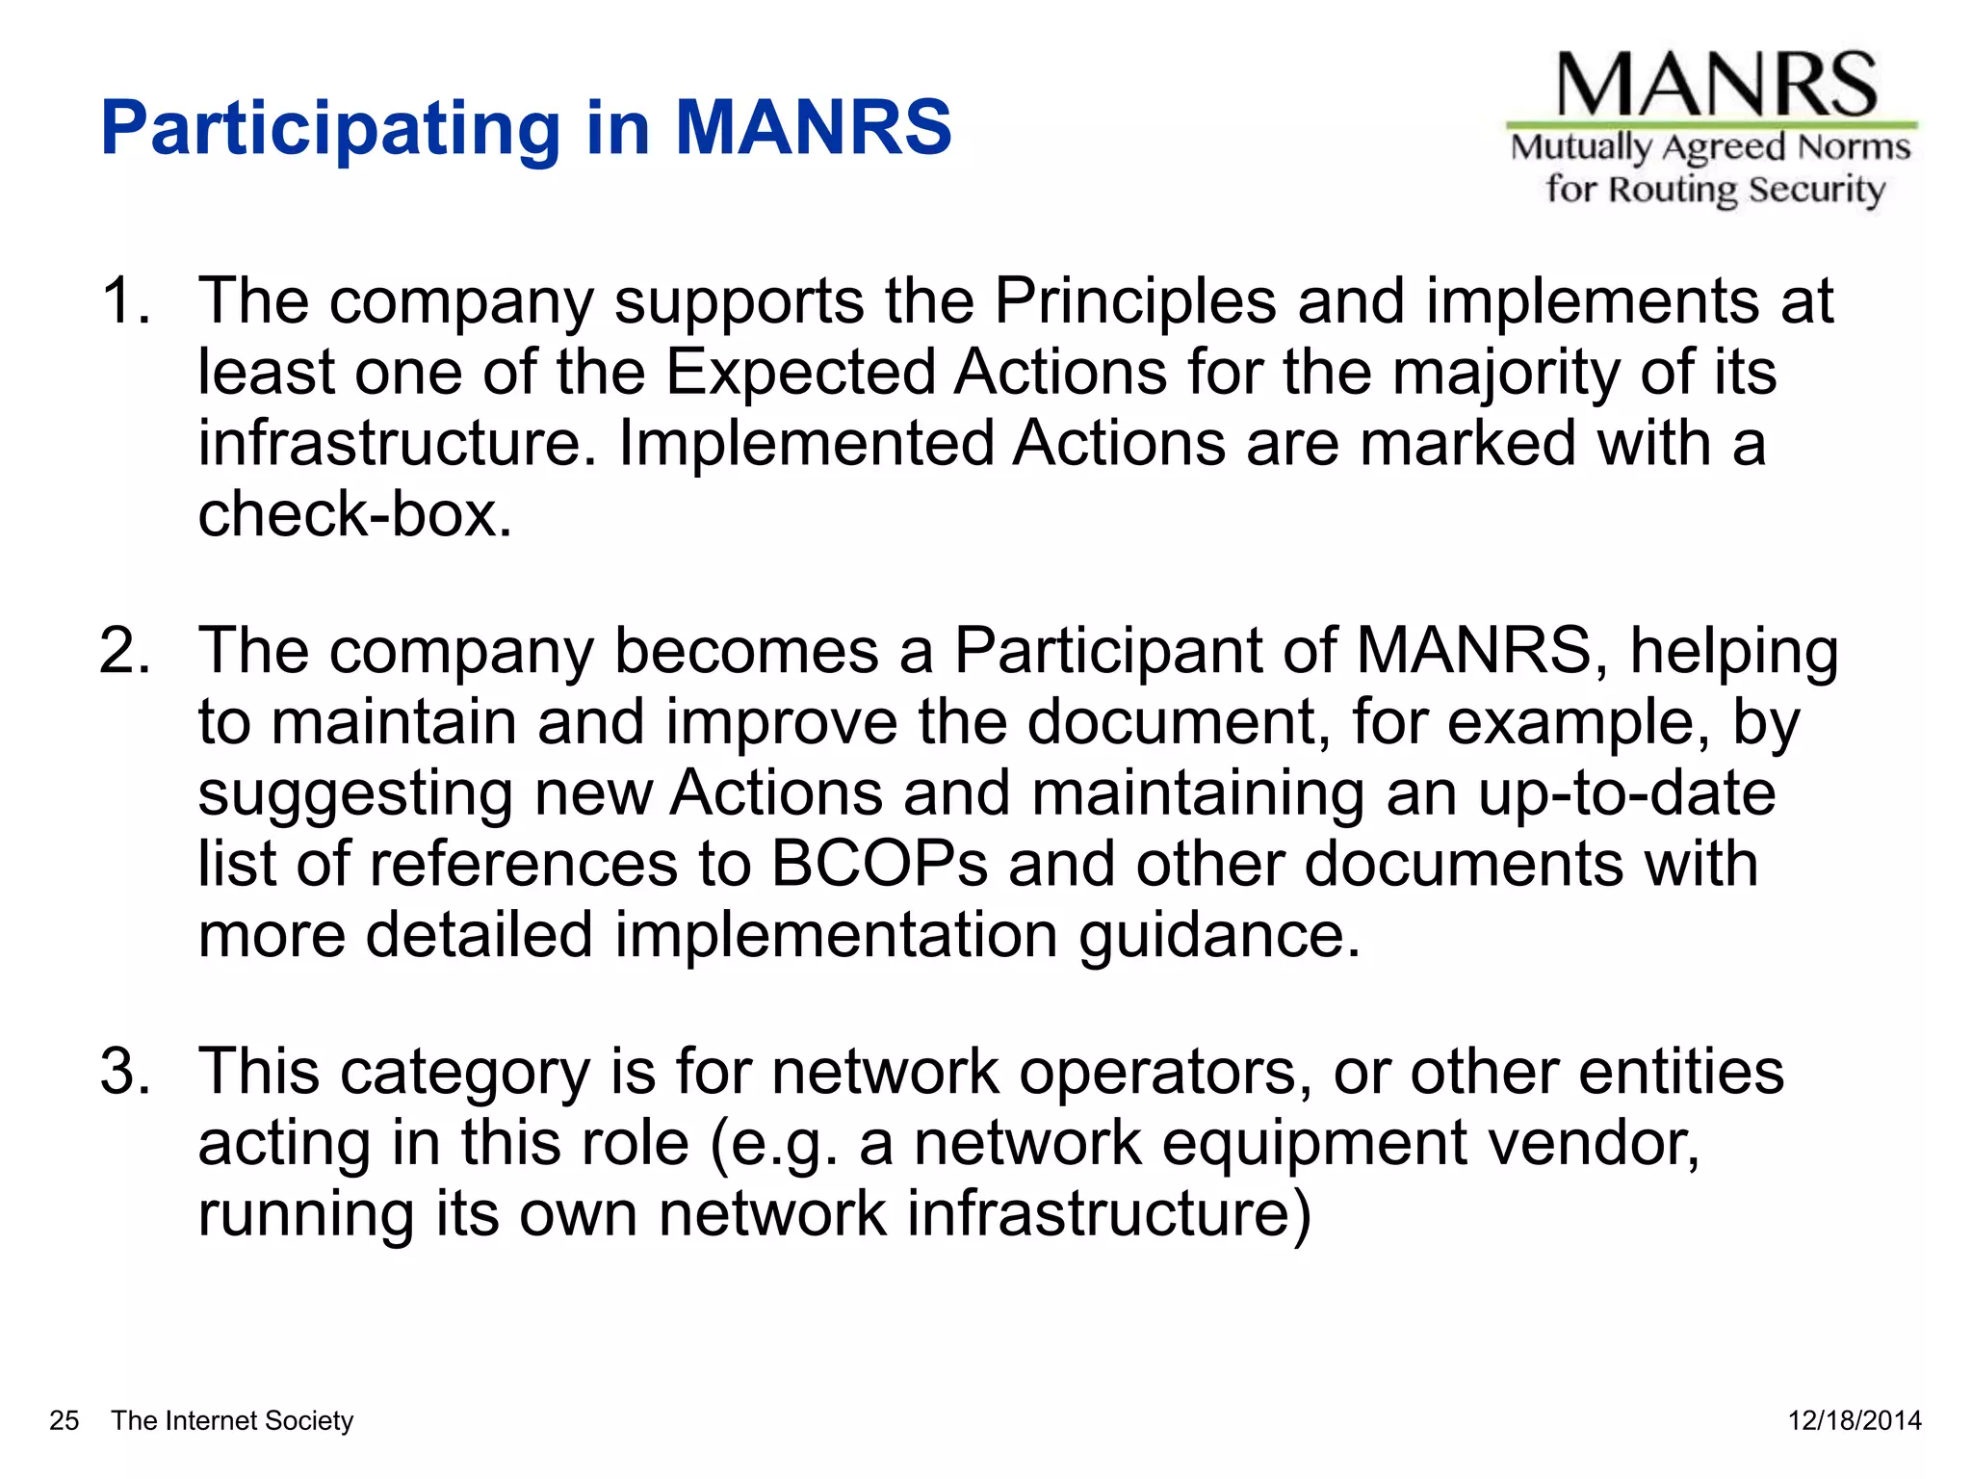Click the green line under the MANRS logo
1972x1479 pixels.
[1711, 125]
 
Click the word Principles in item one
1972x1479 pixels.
[1135, 301]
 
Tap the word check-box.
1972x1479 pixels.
[354, 514]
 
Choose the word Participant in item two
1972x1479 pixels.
[1107, 651]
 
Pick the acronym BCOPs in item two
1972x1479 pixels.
[879, 864]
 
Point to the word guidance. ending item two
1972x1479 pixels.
[1219, 935]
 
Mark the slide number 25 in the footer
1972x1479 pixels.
[65, 1420]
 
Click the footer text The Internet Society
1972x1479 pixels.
[232, 1420]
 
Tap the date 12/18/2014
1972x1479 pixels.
[1855, 1420]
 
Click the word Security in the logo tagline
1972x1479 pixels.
[1816, 190]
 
